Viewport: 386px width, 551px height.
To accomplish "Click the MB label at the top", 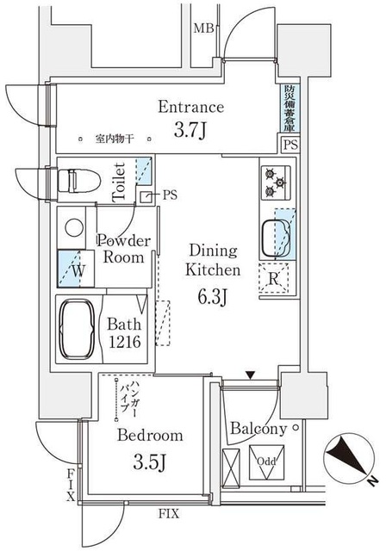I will click(x=202, y=28).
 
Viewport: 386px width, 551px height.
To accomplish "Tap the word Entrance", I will click(x=190, y=108).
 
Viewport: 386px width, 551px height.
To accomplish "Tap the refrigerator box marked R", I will click(x=273, y=277).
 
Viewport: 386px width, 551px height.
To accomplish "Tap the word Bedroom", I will click(x=151, y=435).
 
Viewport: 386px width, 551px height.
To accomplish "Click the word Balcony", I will click(x=258, y=429).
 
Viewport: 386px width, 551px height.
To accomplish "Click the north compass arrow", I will click(x=350, y=457).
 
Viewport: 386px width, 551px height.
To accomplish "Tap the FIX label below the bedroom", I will click(x=169, y=514).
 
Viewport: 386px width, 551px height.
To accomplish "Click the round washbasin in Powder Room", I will click(x=72, y=226).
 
